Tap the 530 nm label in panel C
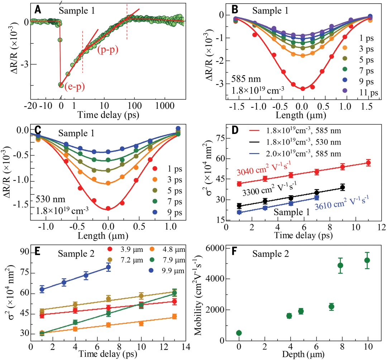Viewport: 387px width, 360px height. tap(50, 198)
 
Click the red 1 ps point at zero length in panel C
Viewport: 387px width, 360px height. tap(108, 208)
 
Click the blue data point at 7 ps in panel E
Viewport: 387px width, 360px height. tap(108, 267)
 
